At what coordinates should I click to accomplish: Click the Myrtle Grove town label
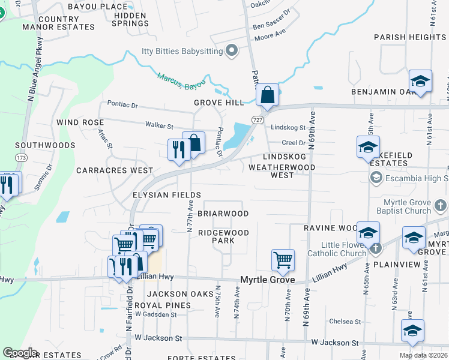pyautogui.click(x=267, y=280)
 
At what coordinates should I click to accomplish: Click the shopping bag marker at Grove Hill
pyautogui.click(x=268, y=94)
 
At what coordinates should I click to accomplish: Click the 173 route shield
pyautogui.click(x=22, y=157)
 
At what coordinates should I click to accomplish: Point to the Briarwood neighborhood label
pyautogui.click(x=223, y=214)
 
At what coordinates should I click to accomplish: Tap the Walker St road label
pyautogui.click(x=159, y=126)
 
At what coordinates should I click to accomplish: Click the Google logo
pyautogui.click(x=20, y=353)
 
